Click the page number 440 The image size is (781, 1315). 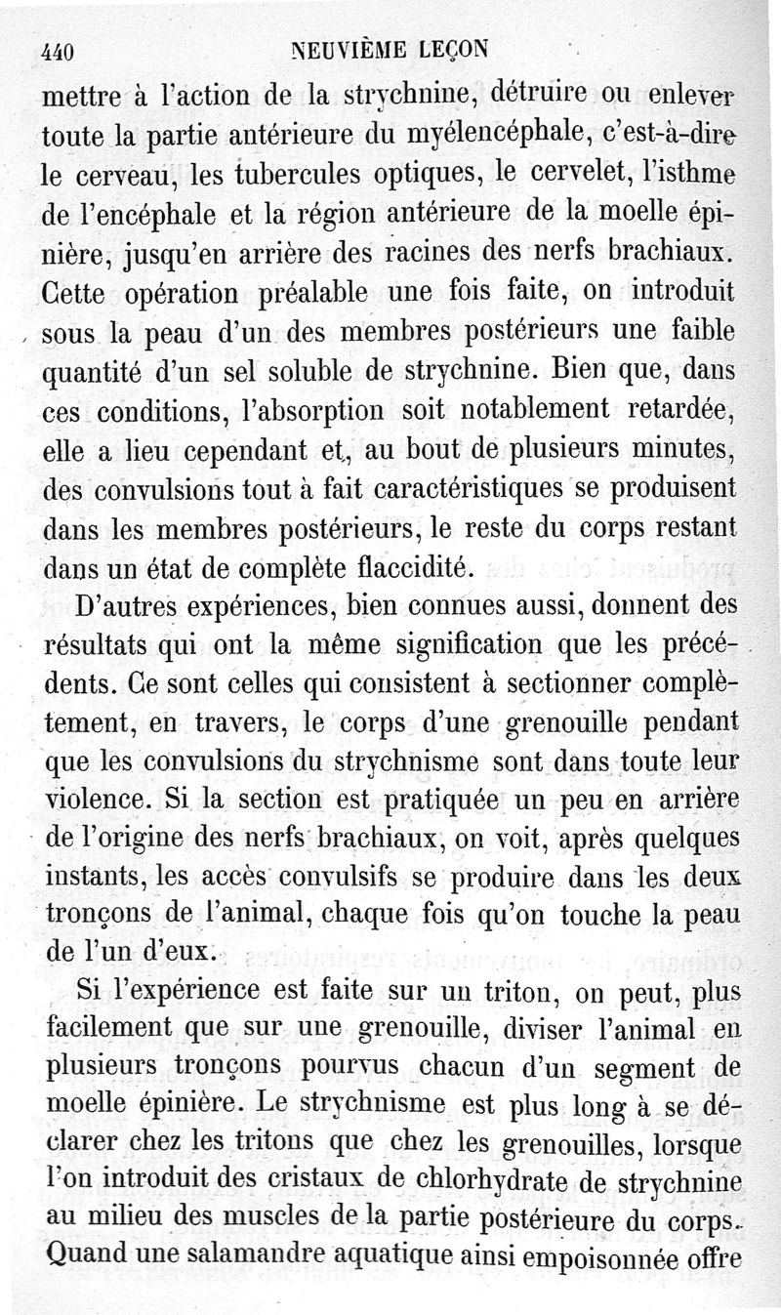pyautogui.click(x=60, y=52)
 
